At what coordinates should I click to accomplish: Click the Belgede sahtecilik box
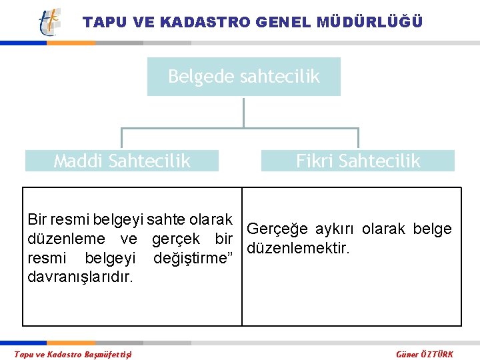coord(243,77)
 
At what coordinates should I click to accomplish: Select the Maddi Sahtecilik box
coord(122,161)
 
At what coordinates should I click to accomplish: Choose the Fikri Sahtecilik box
coord(358,161)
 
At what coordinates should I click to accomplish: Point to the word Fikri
coord(315,161)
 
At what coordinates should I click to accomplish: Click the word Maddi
coord(79,161)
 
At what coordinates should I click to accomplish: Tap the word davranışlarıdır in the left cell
coord(80,277)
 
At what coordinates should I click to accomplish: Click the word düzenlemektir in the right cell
coord(297,249)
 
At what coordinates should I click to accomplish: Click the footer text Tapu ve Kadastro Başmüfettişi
coord(73,354)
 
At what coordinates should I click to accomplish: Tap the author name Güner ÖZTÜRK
coord(424,354)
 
